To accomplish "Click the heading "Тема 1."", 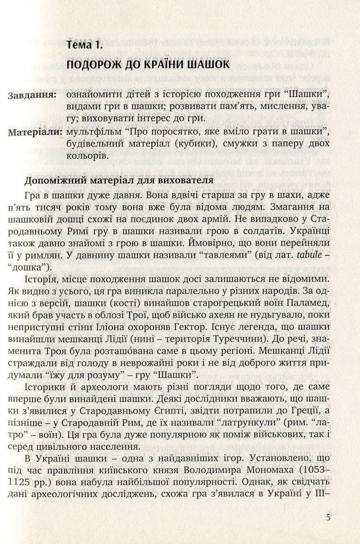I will (85, 45).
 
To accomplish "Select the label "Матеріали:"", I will (35, 132).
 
